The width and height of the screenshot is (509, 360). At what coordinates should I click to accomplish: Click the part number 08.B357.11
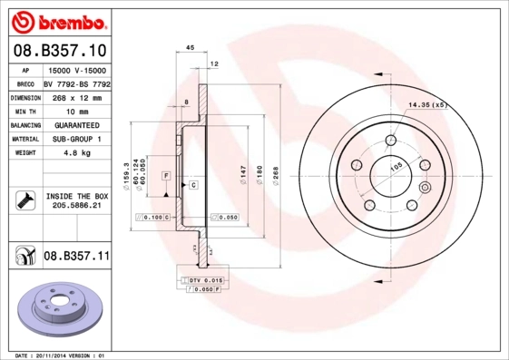76,258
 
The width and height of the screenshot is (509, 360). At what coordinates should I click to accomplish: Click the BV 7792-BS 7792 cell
76,83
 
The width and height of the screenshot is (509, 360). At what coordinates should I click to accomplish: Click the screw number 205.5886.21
76,206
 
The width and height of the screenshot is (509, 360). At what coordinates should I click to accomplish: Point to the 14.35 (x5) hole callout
428,105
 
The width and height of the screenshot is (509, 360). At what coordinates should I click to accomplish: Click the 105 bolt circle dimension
396,168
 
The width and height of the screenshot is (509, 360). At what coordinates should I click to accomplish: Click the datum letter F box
167,174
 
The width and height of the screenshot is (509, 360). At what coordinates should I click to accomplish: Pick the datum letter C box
193,184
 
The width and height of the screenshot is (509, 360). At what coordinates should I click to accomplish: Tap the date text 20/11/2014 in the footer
54,355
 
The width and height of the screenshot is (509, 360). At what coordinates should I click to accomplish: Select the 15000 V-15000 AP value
76,70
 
